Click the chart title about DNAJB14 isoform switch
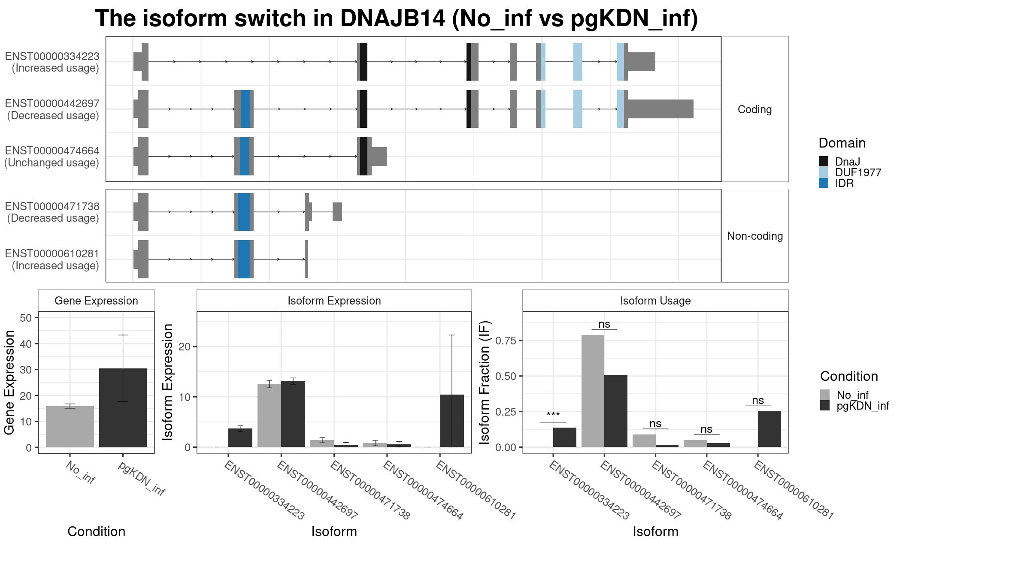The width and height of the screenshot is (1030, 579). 397,18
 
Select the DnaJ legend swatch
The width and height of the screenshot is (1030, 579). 824,162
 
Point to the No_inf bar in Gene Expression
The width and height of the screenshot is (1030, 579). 70,427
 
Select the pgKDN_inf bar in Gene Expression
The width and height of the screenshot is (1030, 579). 123,408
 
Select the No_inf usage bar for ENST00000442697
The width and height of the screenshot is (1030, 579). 593,391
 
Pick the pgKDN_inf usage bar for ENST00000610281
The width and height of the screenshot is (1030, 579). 769,429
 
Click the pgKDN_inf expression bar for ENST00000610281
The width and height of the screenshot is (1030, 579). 452,421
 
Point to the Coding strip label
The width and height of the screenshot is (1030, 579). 754,109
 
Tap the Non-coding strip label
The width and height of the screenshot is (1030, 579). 755,236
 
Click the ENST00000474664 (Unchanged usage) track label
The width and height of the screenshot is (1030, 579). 52,157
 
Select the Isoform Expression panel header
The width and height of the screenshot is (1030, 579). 334,301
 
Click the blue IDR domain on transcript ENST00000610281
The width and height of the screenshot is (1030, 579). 244,259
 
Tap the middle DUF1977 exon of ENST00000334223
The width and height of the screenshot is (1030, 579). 578,62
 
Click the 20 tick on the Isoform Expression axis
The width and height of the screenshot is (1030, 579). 184,347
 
